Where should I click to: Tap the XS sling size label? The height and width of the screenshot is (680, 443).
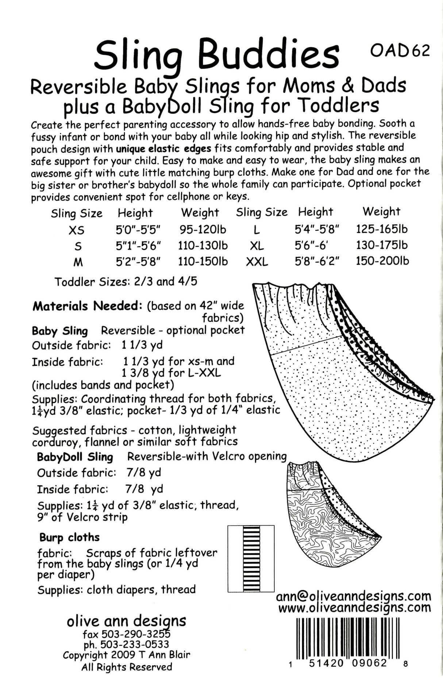coord(76,230)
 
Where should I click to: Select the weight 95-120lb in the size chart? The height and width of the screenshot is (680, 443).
coord(203,229)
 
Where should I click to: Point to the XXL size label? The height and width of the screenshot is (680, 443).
coord(257,262)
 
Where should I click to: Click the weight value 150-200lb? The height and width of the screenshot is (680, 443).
coord(382,261)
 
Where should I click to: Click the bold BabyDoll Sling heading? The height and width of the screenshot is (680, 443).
coord(75,457)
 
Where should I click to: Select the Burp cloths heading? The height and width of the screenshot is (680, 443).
coord(69,537)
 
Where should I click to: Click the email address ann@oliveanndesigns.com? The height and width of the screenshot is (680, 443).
coord(354,596)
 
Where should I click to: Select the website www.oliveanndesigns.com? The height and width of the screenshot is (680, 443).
coord(354,608)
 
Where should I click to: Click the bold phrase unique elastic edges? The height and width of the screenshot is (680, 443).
coord(163,148)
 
